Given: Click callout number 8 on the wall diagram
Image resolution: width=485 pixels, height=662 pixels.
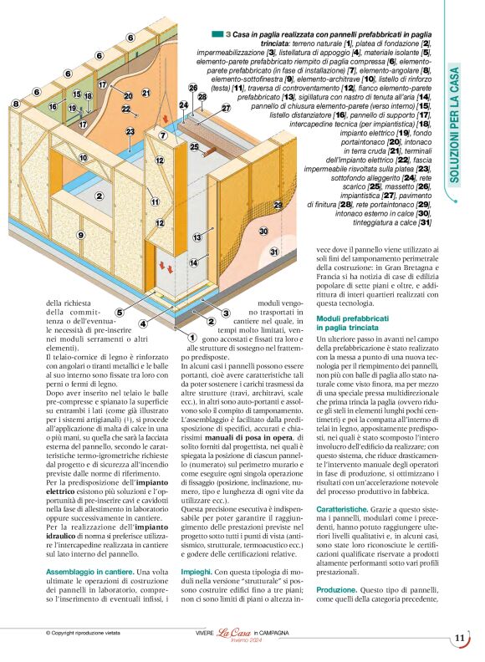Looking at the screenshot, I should (16, 104).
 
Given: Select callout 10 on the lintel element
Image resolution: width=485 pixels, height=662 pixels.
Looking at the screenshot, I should (84, 157).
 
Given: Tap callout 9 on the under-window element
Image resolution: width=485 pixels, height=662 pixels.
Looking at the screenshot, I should (80, 235).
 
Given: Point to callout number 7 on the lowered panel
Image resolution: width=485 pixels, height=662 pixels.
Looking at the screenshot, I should (163, 135).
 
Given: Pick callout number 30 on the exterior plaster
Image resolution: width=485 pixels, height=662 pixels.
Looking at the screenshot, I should (263, 231).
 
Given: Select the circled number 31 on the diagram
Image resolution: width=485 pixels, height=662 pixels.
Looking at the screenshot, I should (273, 252).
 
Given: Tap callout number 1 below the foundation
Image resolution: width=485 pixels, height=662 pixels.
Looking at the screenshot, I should (181, 336).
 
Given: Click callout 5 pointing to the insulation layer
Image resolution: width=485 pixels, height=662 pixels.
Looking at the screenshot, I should (120, 313).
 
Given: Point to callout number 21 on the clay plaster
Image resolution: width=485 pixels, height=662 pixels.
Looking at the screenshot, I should (146, 93).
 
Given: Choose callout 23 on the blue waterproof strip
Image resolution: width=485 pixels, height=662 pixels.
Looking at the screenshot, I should (130, 131).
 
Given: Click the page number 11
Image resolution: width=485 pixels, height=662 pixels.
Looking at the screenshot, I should (460, 639).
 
